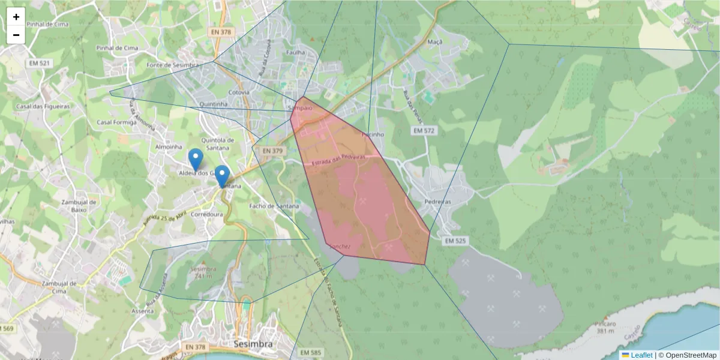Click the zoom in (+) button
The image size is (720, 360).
click(x=16, y=17)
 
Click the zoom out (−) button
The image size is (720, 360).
click(x=16, y=35)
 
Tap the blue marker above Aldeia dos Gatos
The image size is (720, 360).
click(x=195, y=160)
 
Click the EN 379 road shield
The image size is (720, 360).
click(x=268, y=151)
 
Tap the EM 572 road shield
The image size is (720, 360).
click(x=425, y=130)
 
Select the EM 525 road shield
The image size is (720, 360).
click(x=456, y=241)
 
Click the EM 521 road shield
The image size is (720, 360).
click(x=38, y=62)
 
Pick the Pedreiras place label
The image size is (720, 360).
click(x=437, y=202)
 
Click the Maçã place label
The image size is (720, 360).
click(x=435, y=42)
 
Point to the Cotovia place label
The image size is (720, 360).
click(x=239, y=92)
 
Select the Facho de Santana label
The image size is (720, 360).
click(x=274, y=206)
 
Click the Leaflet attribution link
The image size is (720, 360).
click(x=641, y=355)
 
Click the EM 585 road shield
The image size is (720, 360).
click(x=311, y=352)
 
